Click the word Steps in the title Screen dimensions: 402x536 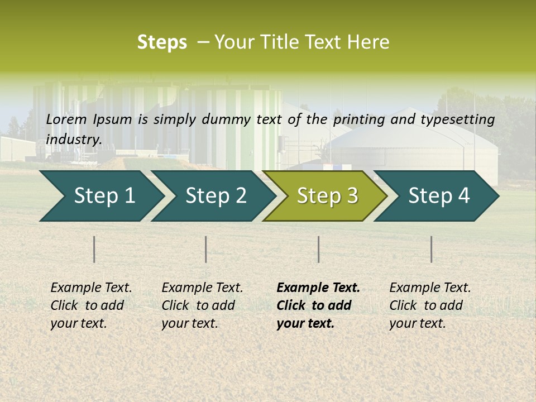[x=162, y=42]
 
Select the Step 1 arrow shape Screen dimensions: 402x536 [x=100, y=196]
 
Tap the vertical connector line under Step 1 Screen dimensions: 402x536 [x=94, y=249]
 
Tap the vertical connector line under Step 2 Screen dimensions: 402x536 [x=206, y=249]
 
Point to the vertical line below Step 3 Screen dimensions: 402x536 [x=318, y=249]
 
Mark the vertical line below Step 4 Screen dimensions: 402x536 [x=431, y=249]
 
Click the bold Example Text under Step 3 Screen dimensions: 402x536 [x=318, y=288]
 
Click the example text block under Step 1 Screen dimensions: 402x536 [x=91, y=305]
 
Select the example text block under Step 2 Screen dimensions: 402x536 [x=202, y=305]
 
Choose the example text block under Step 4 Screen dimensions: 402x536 [x=430, y=305]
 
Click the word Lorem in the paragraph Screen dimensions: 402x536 [x=66, y=119]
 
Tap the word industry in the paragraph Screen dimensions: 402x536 [x=73, y=140]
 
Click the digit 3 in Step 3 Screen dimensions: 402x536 [x=352, y=196]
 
